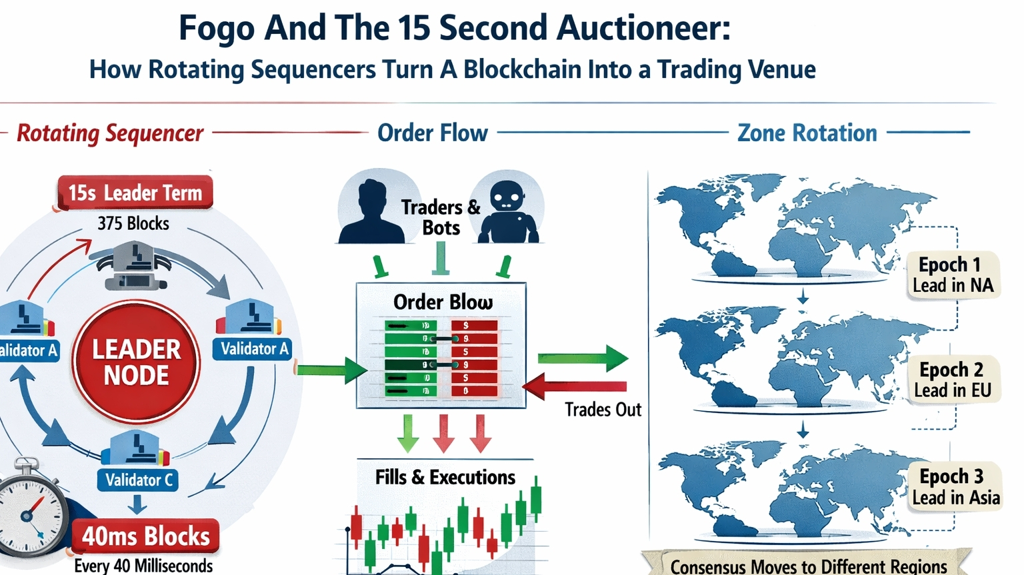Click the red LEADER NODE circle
click(136, 362)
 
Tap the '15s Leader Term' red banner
click(135, 193)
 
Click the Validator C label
click(138, 480)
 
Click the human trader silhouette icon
click(371, 207)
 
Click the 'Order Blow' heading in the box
click(443, 302)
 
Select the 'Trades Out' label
click(603, 409)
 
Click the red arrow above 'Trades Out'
click(575, 386)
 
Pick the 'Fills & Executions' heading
click(445, 477)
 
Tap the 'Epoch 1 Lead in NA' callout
click(953, 275)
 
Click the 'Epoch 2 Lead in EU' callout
click(953, 380)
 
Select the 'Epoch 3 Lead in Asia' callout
click(955, 486)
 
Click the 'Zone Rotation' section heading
click(807, 133)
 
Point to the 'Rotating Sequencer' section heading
click(110, 133)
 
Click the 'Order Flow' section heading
click(433, 133)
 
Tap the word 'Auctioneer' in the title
click(643, 28)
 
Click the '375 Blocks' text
click(133, 223)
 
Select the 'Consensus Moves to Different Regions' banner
click(808, 566)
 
